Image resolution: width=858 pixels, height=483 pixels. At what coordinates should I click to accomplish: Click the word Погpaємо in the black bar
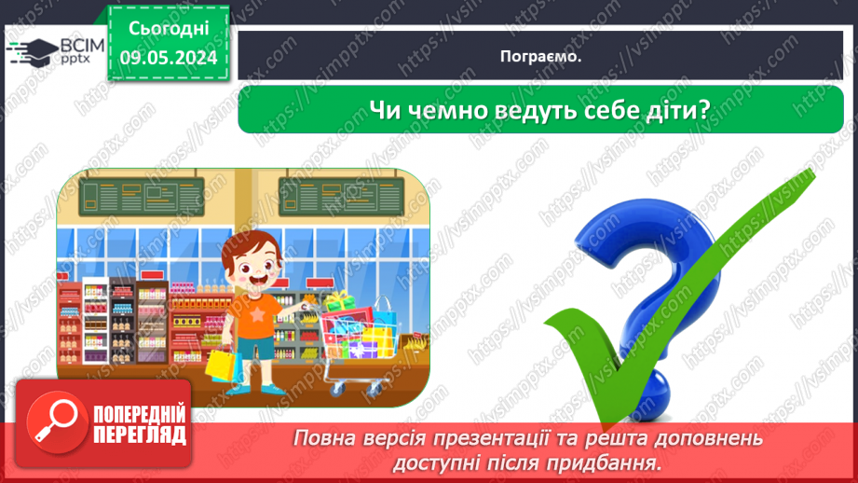(540, 56)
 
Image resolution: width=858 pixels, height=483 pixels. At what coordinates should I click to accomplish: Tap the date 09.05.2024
(167, 58)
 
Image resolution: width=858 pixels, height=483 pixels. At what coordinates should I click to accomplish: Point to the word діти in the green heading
(685, 110)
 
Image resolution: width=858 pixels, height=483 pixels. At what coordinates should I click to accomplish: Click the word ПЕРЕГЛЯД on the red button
(137, 435)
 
